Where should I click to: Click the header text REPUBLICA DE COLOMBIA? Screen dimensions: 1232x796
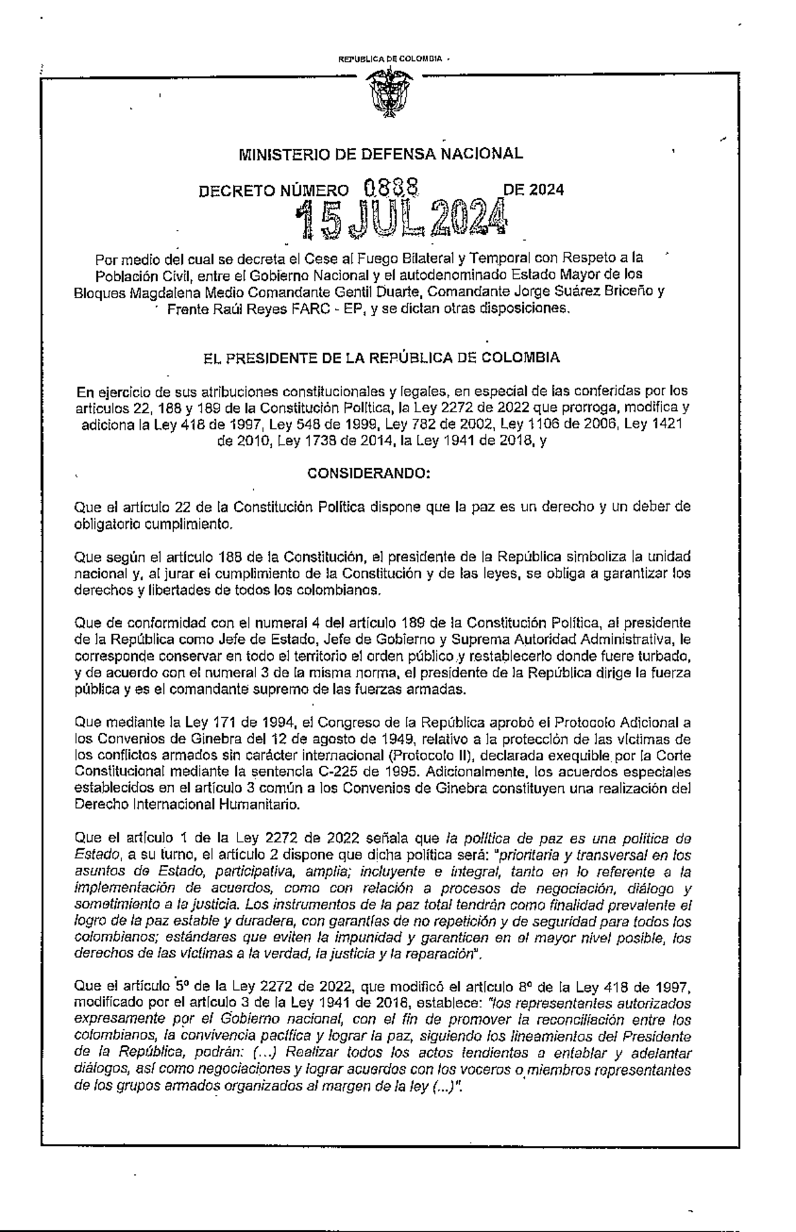click(390, 59)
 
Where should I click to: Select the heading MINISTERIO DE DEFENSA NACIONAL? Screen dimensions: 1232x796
click(381, 154)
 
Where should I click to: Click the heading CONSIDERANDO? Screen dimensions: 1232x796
click(369, 474)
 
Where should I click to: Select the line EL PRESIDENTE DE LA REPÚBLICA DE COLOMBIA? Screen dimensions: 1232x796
click(383, 358)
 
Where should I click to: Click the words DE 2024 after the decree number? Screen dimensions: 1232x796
click(534, 190)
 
